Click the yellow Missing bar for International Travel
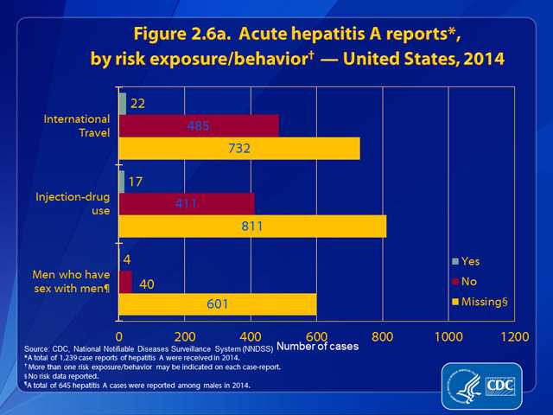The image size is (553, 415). pos(238,149)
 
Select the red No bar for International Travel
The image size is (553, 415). pos(199,126)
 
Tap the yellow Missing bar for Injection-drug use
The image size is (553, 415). pos(252,227)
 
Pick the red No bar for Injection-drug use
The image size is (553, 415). pos(186,204)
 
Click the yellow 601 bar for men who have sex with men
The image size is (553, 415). pos(218,304)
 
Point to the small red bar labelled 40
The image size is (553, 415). pos(125,282)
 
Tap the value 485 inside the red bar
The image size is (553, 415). pos(199,126)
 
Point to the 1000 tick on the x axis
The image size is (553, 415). pos(448,335)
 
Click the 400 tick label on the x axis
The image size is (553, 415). pos(251,335)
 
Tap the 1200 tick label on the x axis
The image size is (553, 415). pos(513,335)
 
